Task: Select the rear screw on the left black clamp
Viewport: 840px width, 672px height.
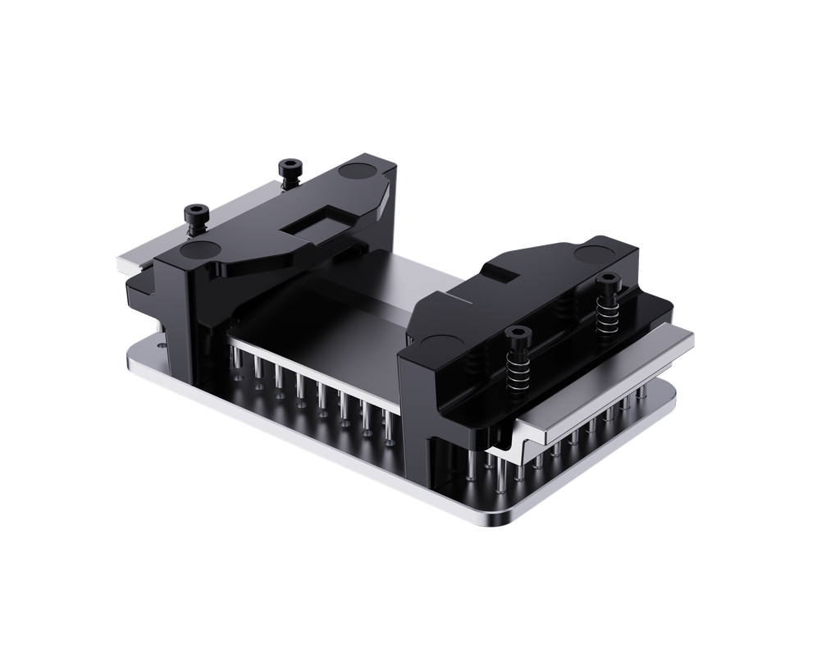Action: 288,167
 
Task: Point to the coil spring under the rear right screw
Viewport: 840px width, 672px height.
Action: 608,312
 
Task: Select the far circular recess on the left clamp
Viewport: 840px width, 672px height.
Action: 359,171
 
